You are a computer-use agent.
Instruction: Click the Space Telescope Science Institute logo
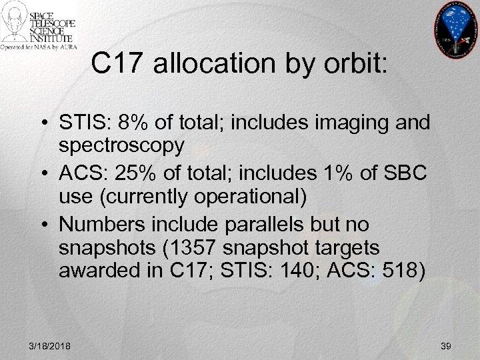coord(39,25)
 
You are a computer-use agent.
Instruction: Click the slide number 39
coord(446,345)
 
